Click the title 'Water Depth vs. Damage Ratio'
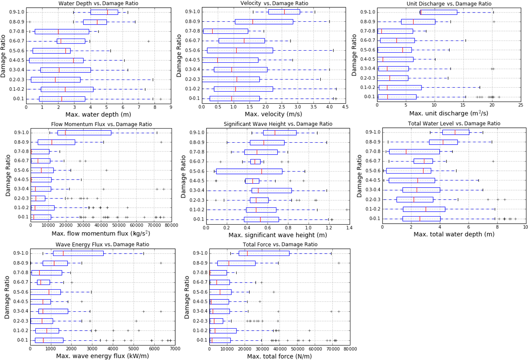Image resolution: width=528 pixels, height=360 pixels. point(98,3)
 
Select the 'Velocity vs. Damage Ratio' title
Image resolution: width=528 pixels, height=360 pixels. point(274,3)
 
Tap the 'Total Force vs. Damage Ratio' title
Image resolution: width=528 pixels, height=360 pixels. point(280,244)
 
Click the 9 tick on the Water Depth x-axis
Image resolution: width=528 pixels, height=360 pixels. point(171,107)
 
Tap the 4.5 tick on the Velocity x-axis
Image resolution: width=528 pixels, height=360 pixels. point(345,107)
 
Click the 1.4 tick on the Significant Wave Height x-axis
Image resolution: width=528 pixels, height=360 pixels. point(348,228)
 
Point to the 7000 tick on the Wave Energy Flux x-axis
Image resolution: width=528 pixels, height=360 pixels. point(174,348)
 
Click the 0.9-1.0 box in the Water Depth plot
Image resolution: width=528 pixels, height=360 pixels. point(104,12)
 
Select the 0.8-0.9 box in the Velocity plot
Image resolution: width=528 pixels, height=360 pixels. point(264,22)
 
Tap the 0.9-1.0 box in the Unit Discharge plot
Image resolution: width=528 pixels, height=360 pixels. point(438,12)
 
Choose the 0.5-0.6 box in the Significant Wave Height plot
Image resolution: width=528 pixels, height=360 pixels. point(249,171)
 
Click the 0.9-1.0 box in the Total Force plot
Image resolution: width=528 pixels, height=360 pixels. point(264,253)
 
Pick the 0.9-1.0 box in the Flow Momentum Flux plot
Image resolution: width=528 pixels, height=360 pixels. point(84,133)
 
